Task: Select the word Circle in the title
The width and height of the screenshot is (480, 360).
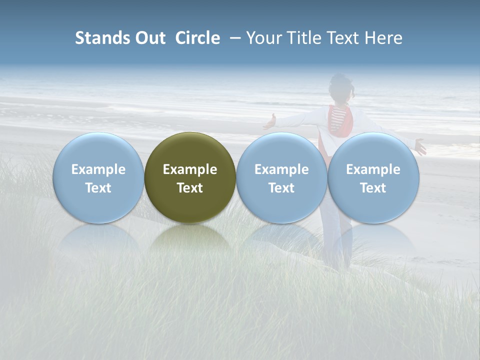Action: pyautogui.click(x=197, y=38)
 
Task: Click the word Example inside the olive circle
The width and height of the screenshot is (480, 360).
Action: pyautogui.click(x=190, y=169)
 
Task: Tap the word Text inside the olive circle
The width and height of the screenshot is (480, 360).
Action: pyautogui.click(x=190, y=188)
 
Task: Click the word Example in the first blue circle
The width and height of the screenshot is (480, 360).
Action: pyautogui.click(x=98, y=169)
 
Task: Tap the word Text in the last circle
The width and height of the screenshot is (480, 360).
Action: pyautogui.click(x=373, y=188)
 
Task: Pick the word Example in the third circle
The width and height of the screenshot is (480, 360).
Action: pyautogui.click(x=281, y=169)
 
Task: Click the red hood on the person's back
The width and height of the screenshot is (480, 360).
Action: pyautogui.click(x=342, y=122)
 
